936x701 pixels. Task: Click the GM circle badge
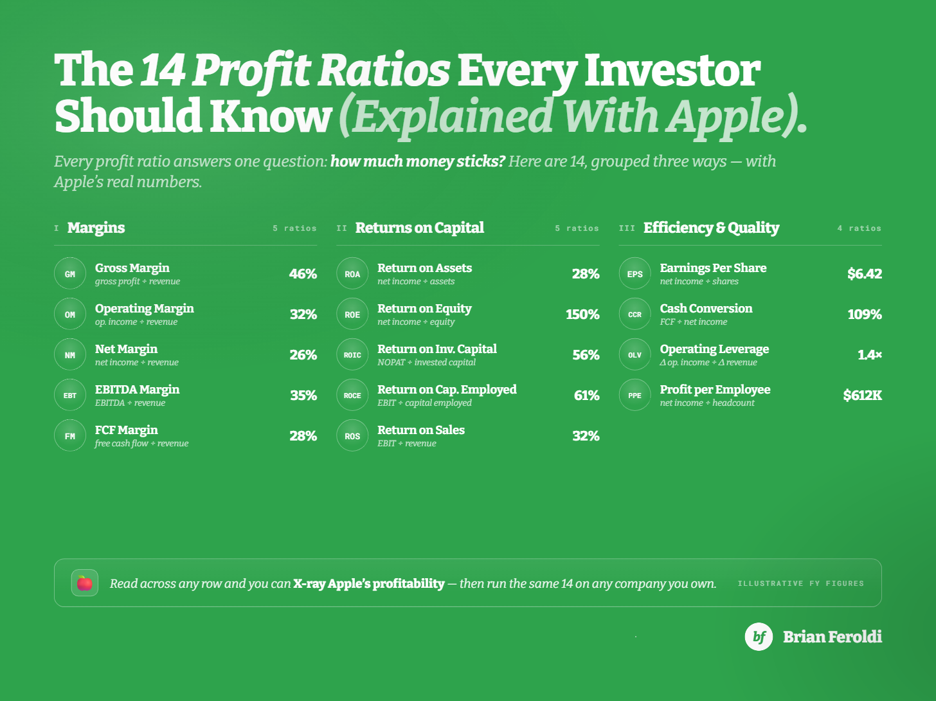click(x=70, y=273)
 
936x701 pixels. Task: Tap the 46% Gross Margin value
click(x=303, y=274)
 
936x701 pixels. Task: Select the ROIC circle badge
click(x=352, y=354)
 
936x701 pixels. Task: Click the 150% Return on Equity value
click(x=582, y=314)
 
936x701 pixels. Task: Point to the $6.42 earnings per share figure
click(x=865, y=274)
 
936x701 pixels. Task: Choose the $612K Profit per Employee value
click(x=862, y=396)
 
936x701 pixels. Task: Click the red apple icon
click(x=84, y=583)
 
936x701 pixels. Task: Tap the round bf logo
click(x=759, y=637)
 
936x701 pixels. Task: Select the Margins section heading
click(x=96, y=228)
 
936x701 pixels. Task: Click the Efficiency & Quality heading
click(x=711, y=228)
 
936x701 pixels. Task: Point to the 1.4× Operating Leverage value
click(x=870, y=355)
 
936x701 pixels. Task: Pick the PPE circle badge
click(x=635, y=395)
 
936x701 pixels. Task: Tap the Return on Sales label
click(x=421, y=430)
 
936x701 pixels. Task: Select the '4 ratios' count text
click(x=860, y=228)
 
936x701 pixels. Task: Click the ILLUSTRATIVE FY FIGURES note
click(x=801, y=583)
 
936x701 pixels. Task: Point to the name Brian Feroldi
click(x=833, y=637)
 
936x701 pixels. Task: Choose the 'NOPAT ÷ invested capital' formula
click(x=426, y=363)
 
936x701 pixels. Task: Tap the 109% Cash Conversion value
click(x=865, y=314)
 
